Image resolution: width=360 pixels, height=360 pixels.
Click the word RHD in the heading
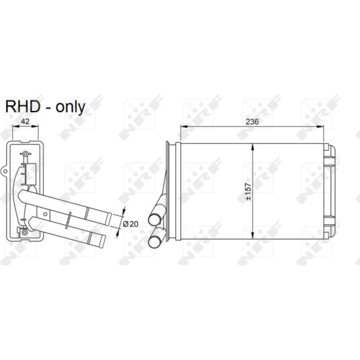tap(23, 107)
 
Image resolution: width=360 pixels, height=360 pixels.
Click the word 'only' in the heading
tap(70, 107)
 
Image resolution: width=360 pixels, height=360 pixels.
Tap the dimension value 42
tap(25, 121)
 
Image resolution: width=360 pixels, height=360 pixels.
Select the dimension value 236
tap(252, 122)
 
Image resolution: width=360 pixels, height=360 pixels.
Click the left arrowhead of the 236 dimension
tap(184, 126)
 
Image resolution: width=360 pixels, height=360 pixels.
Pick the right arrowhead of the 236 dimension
tap(320, 126)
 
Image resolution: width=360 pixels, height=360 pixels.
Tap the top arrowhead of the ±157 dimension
tap(253, 147)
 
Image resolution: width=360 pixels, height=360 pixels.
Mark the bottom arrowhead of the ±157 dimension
tap(253, 235)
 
